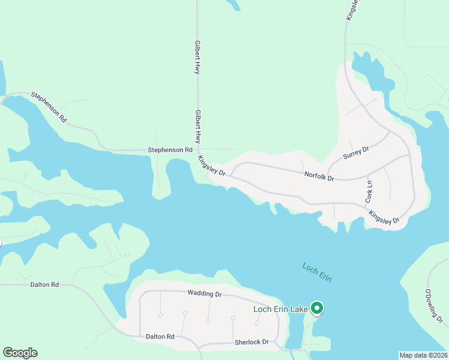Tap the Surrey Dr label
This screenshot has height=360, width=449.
tap(355, 151)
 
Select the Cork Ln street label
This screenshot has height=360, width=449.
tap(369, 191)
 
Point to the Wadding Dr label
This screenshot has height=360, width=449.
tap(205, 294)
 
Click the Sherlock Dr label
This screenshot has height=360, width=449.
tap(252, 341)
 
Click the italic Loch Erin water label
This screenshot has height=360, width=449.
tap(317, 272)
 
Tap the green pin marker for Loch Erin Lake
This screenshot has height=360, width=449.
tap(317, 308)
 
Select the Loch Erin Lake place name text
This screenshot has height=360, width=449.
tap(280, 309)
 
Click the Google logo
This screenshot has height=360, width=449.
tap(20, 353)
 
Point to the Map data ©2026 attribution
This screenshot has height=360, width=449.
tap(423, 355)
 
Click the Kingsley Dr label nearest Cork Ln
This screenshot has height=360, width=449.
tap(384, 217)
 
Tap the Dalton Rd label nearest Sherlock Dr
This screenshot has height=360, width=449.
tap(160, 337)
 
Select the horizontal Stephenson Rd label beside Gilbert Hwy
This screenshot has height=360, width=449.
tap(170, 149)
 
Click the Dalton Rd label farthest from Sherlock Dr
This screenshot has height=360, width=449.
tap(44, 284)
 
